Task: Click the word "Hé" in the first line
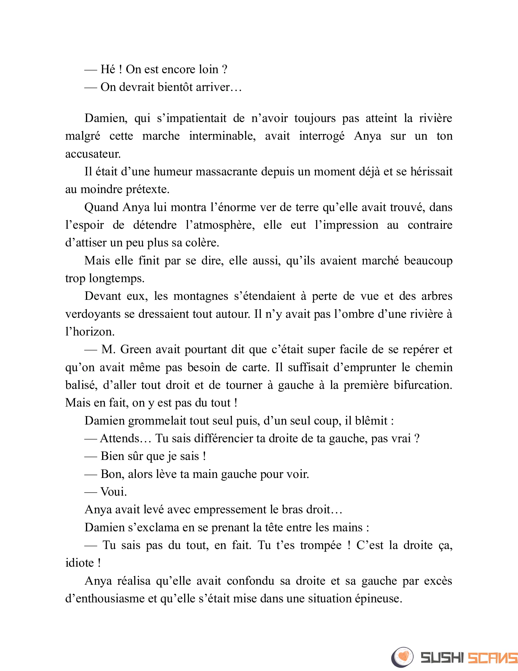coord(108,70)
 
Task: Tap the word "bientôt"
coord(175,87)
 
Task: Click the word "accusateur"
coord(92,154)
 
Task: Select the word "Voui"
coord(113,492)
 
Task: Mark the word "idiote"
coord(80,563)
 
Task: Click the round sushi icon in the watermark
coord(402,657)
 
